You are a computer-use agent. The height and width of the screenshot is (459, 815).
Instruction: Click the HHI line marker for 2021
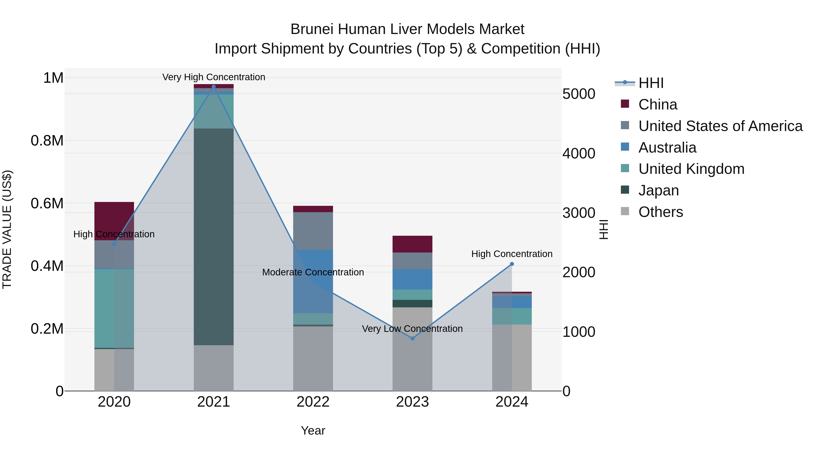tap(213, 87)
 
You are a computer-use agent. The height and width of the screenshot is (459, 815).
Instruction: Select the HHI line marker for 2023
tap(412, 338)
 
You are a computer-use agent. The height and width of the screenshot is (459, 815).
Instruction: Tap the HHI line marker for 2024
tap(512, 264)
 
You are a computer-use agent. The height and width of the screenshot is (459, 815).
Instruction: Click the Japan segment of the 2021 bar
tap(213, 237)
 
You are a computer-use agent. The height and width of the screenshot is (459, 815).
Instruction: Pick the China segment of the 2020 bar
tap(114, 221)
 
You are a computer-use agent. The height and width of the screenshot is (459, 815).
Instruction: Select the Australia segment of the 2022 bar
tap(313, 281)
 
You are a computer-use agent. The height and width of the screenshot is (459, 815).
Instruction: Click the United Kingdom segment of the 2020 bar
tap(114, 308)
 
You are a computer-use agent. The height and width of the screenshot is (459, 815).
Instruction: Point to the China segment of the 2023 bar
tap(412, 244)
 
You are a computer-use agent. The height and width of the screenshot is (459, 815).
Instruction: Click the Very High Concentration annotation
tap(213, 77)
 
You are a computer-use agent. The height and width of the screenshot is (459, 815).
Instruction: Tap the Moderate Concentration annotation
tap(313, 272)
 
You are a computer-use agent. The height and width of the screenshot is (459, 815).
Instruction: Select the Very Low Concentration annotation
tap(412, 328)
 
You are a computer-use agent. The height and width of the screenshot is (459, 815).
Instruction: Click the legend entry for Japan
tap(658, 190)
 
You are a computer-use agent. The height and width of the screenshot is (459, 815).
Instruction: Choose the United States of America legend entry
tap(720, 126)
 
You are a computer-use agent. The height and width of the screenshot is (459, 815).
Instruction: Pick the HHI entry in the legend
tap(651, 83)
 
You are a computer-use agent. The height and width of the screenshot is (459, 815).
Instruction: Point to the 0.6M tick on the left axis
tap(47, 203)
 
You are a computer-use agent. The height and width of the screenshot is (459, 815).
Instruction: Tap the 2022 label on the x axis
tap(313, 402)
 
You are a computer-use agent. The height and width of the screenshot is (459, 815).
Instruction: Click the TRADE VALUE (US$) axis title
tap(7, 229)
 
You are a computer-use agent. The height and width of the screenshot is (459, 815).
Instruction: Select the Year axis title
tap(313, 430)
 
